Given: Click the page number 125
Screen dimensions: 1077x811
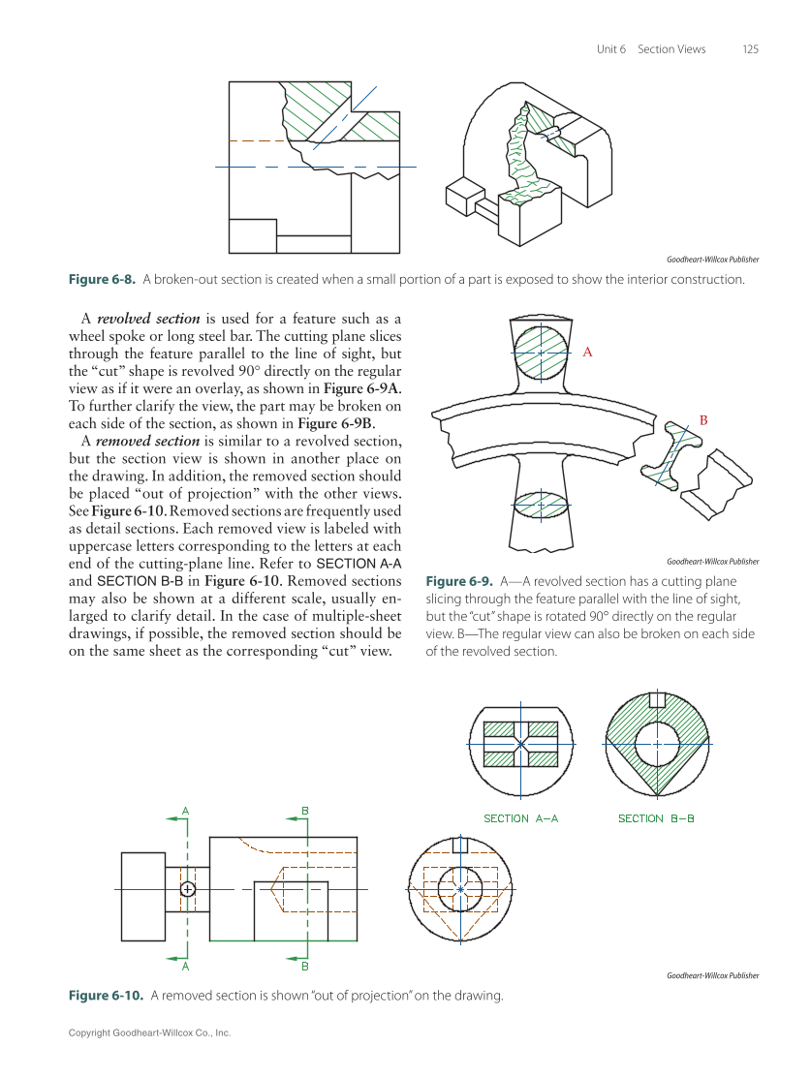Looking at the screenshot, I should (x=750, y=49).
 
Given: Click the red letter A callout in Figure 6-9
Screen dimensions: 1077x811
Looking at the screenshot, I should (x=587, y=354).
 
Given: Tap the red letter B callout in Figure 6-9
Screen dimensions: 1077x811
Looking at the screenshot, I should (x=703, y=420).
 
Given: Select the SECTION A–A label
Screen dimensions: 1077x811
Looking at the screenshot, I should (x=521, y=818).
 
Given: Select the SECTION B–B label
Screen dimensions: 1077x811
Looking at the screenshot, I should (x=656, y=818).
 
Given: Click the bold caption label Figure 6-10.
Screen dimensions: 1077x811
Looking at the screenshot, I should (x=106, y=995).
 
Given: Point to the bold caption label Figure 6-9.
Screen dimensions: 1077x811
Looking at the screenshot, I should (x=459, y=581).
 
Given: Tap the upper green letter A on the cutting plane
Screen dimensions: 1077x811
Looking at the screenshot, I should (x=185, y=809).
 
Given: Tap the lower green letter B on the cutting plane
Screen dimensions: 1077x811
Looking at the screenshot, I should (x=304, y=966).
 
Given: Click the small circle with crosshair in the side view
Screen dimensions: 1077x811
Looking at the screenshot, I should (x=188, y=888).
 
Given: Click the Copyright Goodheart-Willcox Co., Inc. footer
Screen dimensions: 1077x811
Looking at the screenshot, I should (x=149, y=1033).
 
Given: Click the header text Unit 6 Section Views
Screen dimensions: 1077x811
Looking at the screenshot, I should (x=651, y=49).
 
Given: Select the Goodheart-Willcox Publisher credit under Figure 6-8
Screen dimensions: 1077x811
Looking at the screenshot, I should (x=713, y=260).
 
